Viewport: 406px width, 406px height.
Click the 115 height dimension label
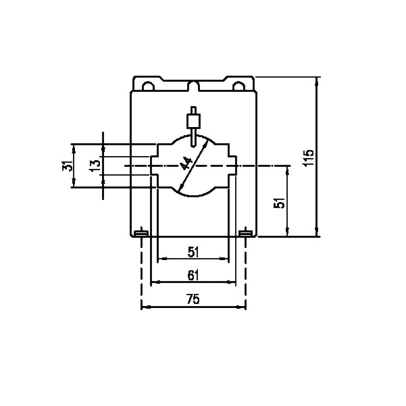(309, 157)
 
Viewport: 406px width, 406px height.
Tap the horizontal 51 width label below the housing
(193, 253)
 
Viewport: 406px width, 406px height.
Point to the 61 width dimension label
(193, 275)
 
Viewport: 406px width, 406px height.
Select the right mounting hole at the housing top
(238, 86)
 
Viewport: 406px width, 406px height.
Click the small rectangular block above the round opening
(195, 122)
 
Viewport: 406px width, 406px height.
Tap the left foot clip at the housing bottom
(141, 234)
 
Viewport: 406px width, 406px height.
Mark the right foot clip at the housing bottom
(245, 234)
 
